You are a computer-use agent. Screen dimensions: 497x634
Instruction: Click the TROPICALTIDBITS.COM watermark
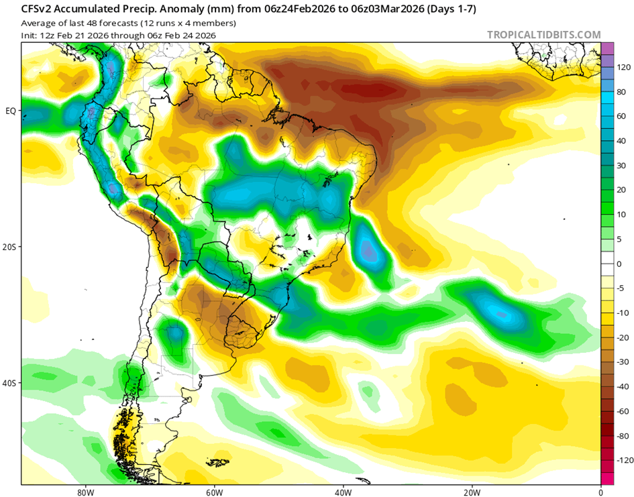[x=543, y=35]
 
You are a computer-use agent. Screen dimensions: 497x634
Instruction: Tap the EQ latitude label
[x=11, y=111]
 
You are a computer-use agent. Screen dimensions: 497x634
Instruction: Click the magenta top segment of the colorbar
[x=607, y=48]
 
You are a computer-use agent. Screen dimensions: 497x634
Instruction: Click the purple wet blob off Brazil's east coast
[x=368, y=250]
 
